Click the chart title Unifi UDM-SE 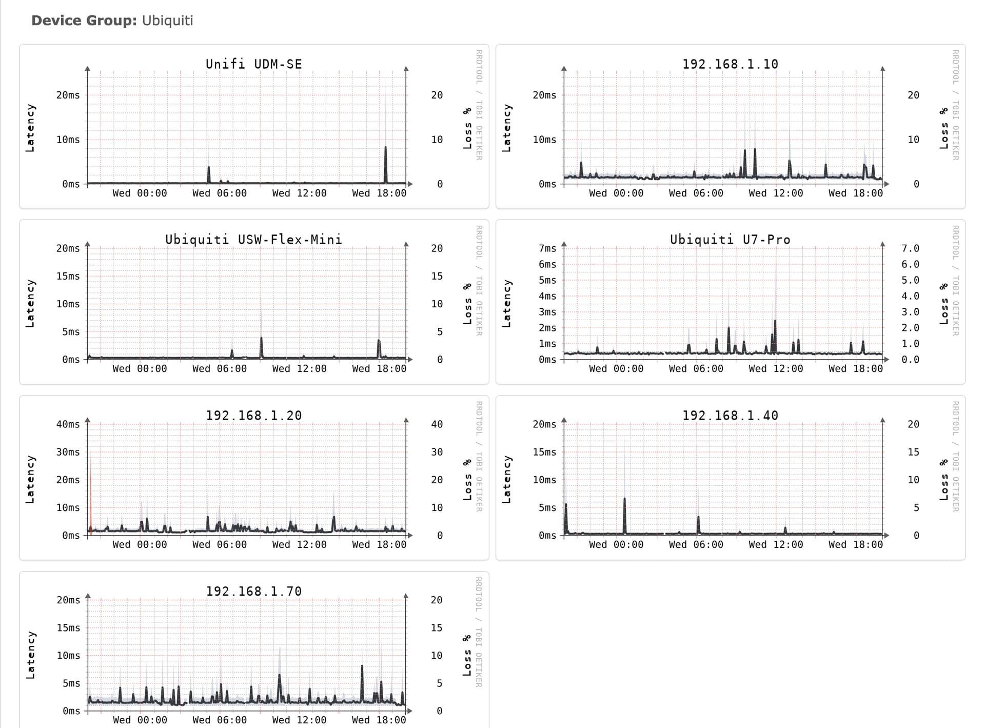point(253,64)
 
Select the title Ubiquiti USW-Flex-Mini point(253,240)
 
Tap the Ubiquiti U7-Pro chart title point(730,240)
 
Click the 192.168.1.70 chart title point(253,591)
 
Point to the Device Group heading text point(112,21)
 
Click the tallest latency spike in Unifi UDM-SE point(386,164)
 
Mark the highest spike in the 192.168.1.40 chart point(624,515)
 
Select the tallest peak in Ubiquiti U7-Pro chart point(775,337)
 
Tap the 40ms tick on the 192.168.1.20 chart point(68,424)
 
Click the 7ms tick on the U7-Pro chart point(547,248)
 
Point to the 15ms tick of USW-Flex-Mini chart point(68,276)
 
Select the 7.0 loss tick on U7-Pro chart point(910,248)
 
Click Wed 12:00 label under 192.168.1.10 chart point(776,193)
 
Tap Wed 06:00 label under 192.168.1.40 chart point(696,544)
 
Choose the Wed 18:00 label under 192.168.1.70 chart point(379,720)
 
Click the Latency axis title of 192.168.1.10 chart point(506,128)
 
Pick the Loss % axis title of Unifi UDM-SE point(467,128)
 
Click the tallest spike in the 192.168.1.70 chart point(362,683)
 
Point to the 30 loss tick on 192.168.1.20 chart point(437,452)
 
